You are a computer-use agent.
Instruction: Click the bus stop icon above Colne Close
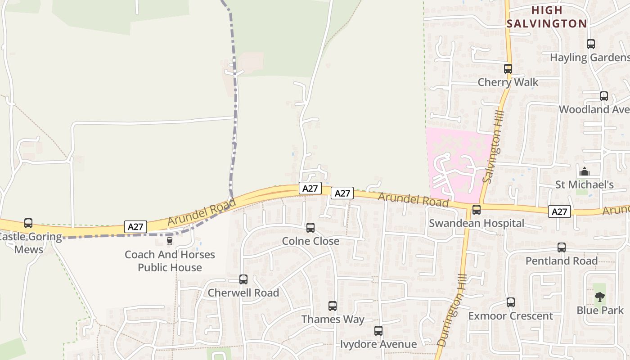click(310, 228)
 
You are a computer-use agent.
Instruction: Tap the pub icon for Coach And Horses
click(170, 241)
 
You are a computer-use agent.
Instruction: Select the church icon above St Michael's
click(585, 171)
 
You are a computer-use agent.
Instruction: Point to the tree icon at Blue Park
click(599, 297)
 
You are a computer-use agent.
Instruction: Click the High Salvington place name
click(547, 17)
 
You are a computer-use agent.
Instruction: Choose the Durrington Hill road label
click(451, 310)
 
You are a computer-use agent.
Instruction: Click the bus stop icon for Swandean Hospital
click(476, 210)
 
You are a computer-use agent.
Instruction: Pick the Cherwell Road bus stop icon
click(243, 279)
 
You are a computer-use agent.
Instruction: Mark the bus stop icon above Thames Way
click(333, 306)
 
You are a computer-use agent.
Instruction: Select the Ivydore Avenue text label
click(378, 345)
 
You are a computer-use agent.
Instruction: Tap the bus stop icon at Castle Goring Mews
click(28, 223)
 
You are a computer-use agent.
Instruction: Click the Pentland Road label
click(562, 261)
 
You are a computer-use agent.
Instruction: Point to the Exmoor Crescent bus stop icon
click(510, 302)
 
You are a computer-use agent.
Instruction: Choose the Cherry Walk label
click(508, 82)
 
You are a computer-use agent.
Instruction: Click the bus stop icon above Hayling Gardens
click(591, 44)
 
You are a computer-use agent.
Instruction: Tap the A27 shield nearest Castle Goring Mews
click(135, 227)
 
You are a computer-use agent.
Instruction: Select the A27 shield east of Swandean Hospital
click(559, 211)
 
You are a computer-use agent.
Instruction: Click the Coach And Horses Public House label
click(170, 261)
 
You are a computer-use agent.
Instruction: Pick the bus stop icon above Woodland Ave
click(604, 96)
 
